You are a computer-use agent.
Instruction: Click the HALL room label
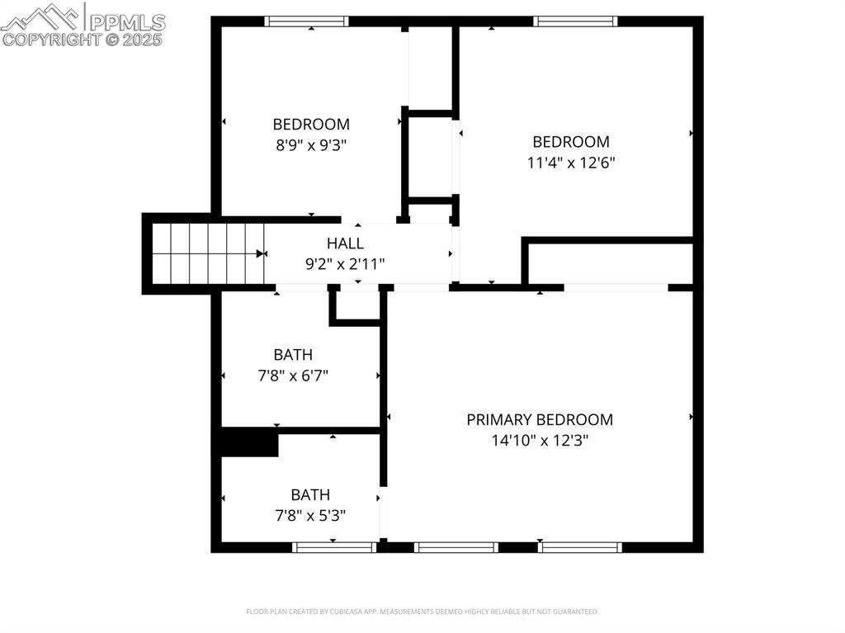[345, 243]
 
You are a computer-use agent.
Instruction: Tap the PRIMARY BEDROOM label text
[540, 419]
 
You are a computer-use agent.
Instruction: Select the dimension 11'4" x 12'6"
[571, 163]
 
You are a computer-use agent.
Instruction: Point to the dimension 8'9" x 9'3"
[311, 145]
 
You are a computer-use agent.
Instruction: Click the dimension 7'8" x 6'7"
[293, 376]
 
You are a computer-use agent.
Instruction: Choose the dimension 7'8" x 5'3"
[310, 516]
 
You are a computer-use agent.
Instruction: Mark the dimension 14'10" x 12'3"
[540, 441]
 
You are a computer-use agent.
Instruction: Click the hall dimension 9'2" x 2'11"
[345, 264]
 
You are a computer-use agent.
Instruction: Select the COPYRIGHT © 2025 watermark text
[83, 39]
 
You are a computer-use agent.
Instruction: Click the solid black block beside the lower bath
[248, 443]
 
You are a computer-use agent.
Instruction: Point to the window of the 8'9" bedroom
[306, 21]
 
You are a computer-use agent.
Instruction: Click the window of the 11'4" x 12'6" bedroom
[575, 21]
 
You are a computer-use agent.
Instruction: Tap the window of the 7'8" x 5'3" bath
[335, 546]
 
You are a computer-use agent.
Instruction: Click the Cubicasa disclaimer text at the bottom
[422, 612]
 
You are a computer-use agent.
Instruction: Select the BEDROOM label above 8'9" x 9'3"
[311, 125]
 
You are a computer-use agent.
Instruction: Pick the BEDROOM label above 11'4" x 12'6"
[571, 142]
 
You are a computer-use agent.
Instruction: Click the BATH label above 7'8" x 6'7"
[293, 355]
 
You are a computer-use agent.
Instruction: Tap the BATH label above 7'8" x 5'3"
[310, 495]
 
